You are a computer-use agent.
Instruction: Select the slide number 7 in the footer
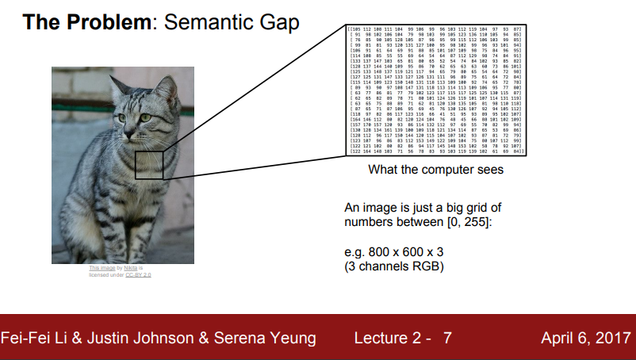tap(447, 339)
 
